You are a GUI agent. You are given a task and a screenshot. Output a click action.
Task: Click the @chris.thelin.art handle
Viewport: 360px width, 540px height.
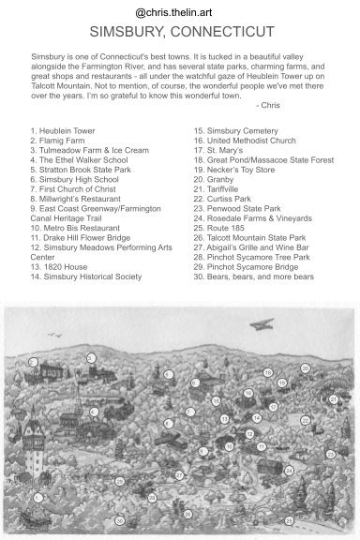click(179, 12)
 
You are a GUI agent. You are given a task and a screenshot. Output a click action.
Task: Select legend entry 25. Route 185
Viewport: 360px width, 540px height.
click(228, 232)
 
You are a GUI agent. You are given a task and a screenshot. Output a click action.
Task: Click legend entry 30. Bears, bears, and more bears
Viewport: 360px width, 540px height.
click(253, 277)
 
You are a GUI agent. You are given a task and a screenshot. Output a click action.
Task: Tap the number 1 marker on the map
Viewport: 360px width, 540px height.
click(38, 499)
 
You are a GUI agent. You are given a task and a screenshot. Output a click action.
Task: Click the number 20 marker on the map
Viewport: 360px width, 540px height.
click(305, 368)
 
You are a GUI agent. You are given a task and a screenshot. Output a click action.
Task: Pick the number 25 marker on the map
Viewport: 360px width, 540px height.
click(119, 481)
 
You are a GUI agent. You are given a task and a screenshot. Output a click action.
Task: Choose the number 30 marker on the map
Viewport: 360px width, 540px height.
click(119, 520)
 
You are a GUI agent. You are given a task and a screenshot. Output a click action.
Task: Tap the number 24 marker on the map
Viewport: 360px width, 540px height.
click(289, 470)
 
